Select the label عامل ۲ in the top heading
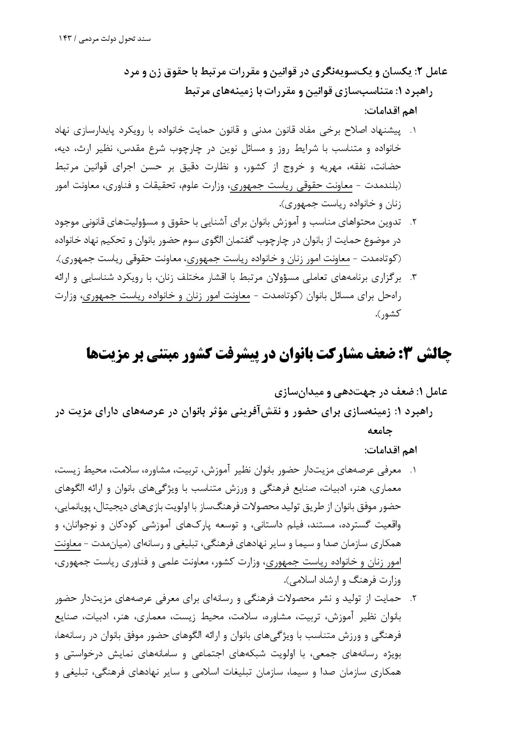(x=433, y=72)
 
